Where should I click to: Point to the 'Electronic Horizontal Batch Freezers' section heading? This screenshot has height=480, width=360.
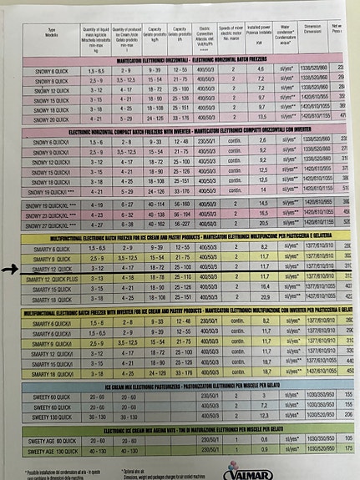[192, 61]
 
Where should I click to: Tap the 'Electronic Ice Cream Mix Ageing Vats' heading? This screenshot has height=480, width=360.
[192, 429]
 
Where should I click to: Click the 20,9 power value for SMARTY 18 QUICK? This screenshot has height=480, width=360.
[263, 298]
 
